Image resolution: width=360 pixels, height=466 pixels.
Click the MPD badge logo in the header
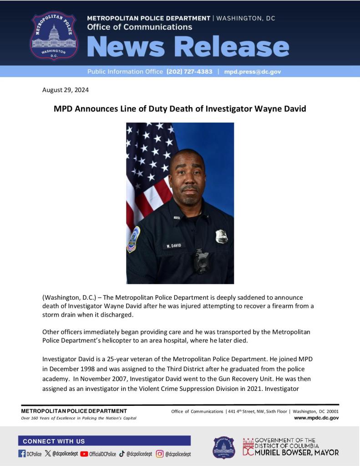tap(54, 36)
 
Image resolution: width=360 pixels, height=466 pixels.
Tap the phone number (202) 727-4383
tap(189, 72)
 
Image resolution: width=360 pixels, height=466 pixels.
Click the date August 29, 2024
tap(66, 90)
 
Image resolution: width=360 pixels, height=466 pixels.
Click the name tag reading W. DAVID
tap(173, 246)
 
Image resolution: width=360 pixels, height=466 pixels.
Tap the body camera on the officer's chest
tap(201, 261)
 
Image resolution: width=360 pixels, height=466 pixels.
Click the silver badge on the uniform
tap(222, 236)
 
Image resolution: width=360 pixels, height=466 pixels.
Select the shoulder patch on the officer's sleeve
tap(133, 240)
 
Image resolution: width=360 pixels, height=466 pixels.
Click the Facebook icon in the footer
tap(22, 454)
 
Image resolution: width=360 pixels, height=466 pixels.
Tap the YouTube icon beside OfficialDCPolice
tap(84, 454)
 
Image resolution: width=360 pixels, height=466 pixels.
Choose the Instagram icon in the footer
tap(160, 454)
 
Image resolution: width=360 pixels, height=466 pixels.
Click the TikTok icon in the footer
tap(122, 454)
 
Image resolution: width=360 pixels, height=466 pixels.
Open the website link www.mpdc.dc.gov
tap(316, 418)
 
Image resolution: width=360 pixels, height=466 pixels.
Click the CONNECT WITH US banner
tap(104, 441)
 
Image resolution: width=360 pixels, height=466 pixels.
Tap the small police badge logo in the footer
tap(224, 447)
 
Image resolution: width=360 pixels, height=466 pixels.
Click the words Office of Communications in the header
tap(139, 27)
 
